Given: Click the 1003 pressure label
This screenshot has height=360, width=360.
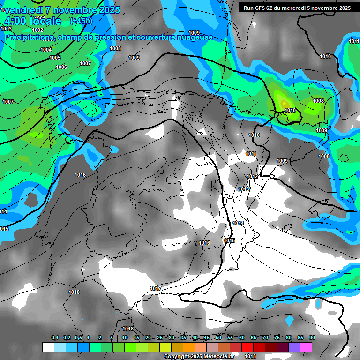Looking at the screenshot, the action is click(6, 29).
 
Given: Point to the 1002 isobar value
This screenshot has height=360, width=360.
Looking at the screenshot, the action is click(37, 30).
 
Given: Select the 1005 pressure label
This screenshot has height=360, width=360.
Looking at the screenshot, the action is click(55, 58).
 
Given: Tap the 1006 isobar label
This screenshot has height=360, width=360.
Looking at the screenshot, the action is click(61, 67).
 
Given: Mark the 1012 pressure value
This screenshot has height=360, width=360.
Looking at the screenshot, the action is click(253, 176).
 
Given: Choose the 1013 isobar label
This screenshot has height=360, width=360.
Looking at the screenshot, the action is click(244, 189).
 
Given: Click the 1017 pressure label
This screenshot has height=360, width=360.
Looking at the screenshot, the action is click(156, 288).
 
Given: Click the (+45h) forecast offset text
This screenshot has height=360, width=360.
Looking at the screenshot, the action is click(81, 21).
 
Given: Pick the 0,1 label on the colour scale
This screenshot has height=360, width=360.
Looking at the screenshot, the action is click(55, 338).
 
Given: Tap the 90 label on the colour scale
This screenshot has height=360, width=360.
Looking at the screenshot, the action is click(312, 338).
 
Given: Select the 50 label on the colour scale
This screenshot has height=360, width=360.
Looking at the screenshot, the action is click(218, 338).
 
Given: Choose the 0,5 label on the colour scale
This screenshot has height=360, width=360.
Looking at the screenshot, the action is click(78, 338).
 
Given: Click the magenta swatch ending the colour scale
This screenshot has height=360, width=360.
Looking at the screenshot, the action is click(306, 347).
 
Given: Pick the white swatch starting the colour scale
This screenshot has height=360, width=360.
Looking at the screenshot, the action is click(48, 347).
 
